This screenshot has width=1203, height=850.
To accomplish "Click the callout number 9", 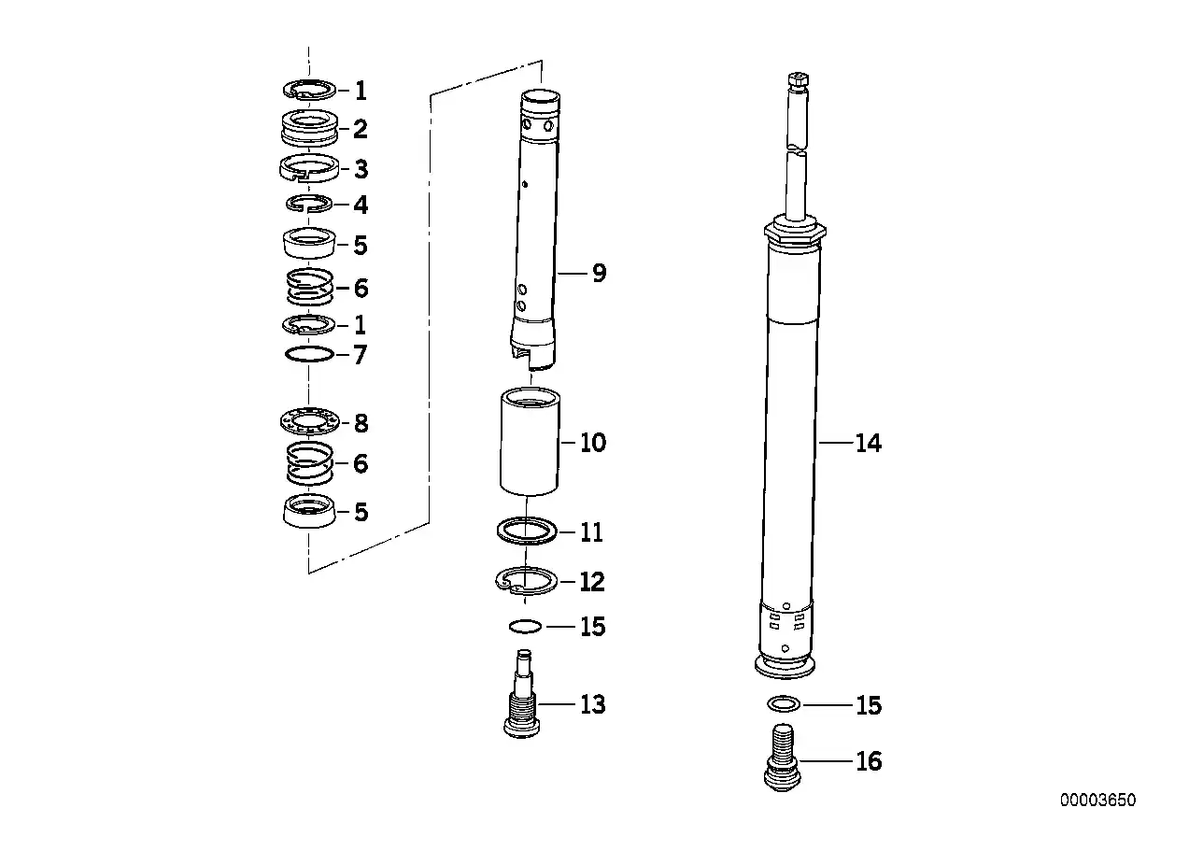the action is [x=600, y=274].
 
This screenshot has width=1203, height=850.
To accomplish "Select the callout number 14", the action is [x=868, y=443].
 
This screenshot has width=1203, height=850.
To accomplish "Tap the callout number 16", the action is [x=869, y=761].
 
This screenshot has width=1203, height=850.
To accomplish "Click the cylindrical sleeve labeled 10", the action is [x=530, y=442].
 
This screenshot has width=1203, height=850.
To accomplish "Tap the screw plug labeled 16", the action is [x=783, y=758].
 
